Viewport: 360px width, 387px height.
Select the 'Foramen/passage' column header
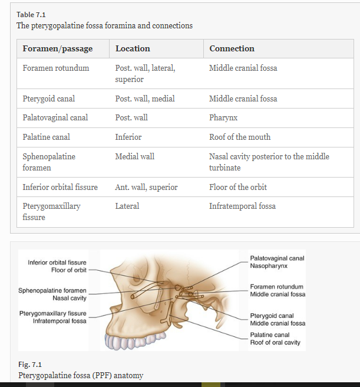point(57,48)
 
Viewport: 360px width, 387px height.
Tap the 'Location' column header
point(133,48)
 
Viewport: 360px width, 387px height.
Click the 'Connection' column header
point(232,48)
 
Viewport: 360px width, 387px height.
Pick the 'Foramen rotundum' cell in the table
point(56,68)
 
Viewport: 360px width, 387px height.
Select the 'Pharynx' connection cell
point(223,117)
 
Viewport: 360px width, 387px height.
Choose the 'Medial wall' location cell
point(135,156)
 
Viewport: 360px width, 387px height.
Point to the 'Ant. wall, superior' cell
point(146,187)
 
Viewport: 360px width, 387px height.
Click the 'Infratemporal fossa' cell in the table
point(242,206)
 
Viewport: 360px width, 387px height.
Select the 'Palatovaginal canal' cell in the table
point(55,117)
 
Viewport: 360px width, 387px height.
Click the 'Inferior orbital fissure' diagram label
point(57,263)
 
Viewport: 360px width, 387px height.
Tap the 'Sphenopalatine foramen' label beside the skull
point(52,291)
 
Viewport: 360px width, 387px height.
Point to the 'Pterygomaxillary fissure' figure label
point(52,313)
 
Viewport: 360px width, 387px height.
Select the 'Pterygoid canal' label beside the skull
point(272,316)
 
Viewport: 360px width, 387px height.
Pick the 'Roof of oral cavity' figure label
point(275,342)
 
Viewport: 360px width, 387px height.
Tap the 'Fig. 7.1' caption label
point(29,365)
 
